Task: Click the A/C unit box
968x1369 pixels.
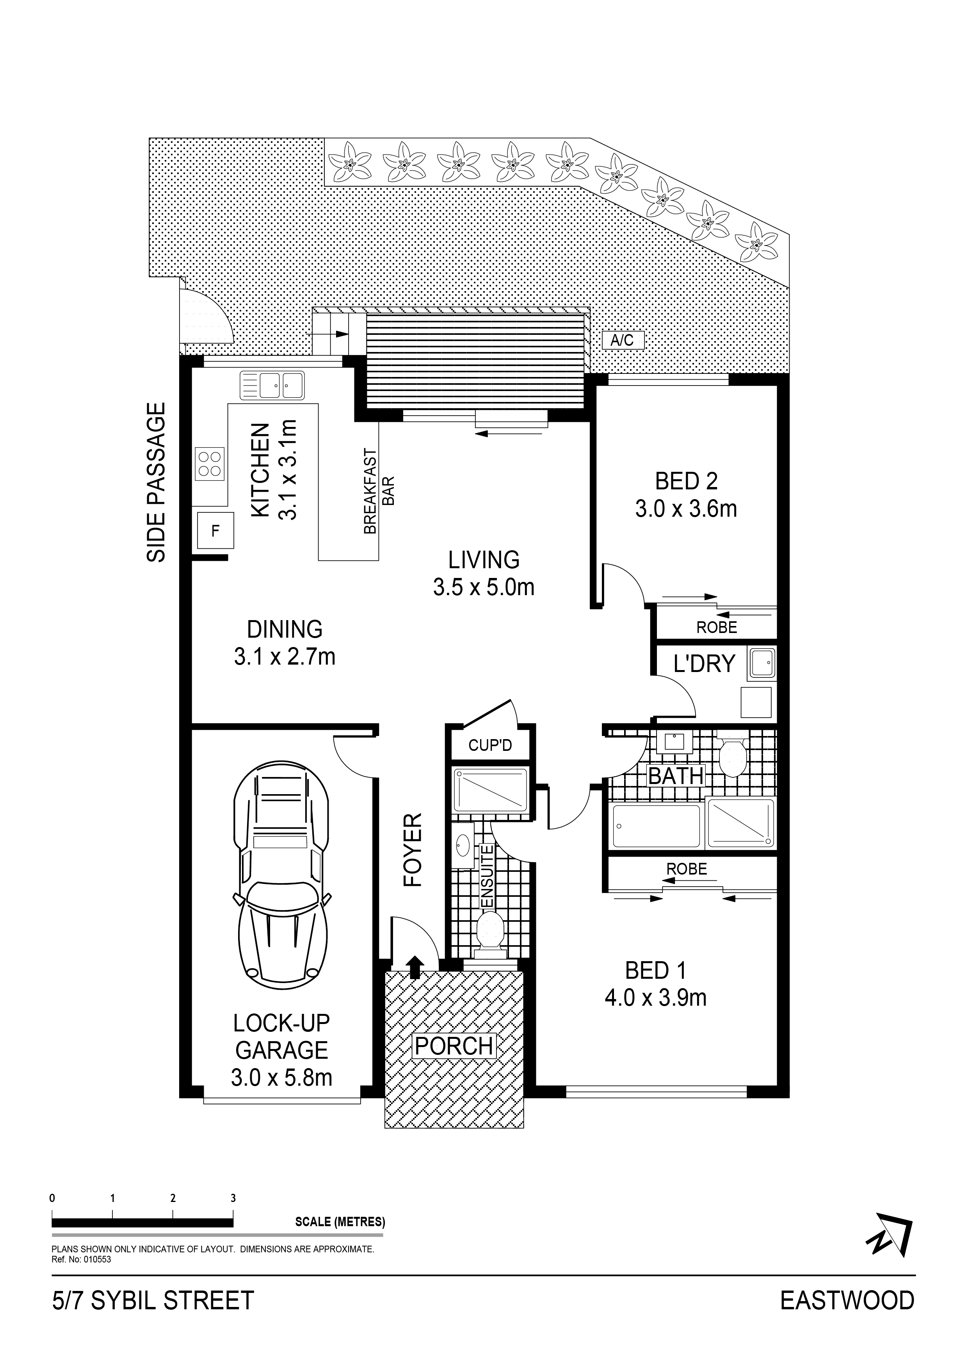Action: (623, 340)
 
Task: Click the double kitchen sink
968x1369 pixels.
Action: (272, 385)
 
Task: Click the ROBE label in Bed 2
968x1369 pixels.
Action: (716, 627)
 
